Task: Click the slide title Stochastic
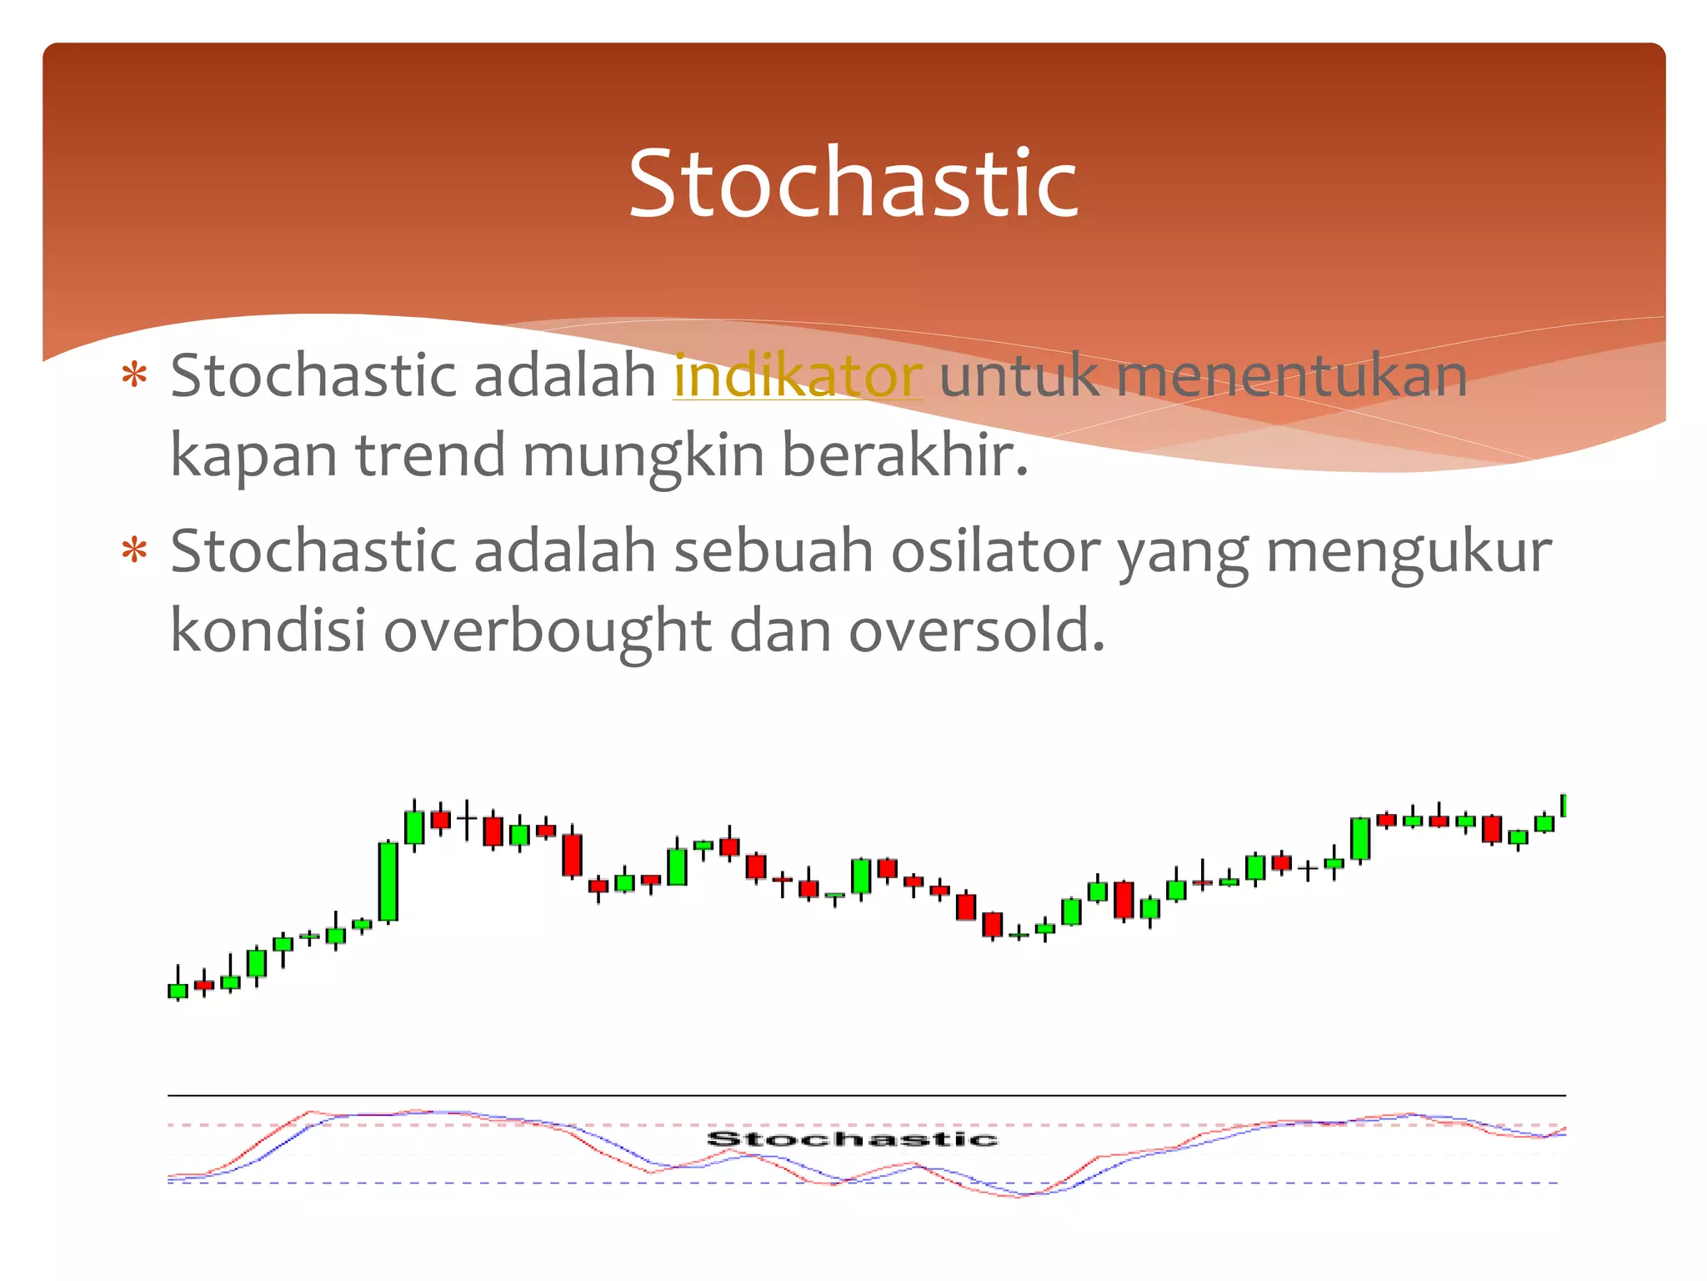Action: tap(853, 183)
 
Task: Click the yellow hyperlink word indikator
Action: tap(798, 376)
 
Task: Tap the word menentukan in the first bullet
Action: tap(1291, 376)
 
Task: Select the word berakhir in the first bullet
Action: tap(904, 455)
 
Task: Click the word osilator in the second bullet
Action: tap(995, 551)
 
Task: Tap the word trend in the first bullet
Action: tap(430, 455)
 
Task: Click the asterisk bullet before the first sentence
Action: tap(134, 376)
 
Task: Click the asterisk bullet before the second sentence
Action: tap(134, 551)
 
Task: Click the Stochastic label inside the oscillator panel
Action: tap(852, 1139)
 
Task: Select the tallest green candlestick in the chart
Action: tap(388, 882)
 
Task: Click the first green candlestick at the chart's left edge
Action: tap(178, 991)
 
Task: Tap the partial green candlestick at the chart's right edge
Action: tap(1563, 805)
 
